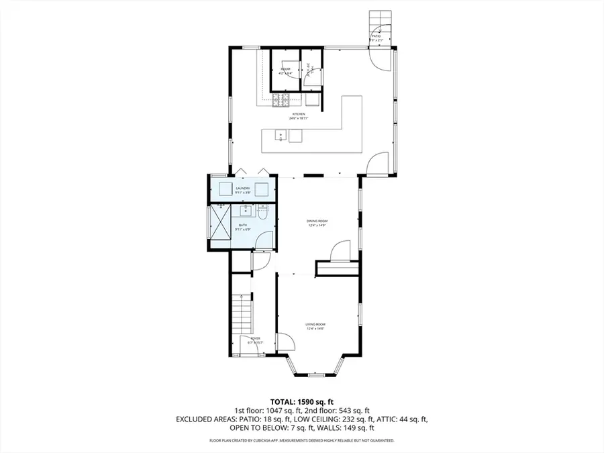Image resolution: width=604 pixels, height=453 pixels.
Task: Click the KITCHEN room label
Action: pos(297,115)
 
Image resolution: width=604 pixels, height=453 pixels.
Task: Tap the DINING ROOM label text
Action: pos(316,222)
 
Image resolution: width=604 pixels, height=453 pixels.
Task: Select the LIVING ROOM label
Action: pos(316,326)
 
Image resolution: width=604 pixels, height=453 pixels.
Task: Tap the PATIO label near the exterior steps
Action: pos(376,38)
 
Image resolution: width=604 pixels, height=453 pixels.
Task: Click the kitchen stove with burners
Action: pos(281,101)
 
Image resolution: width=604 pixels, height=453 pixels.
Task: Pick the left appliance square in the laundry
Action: pos(223,189)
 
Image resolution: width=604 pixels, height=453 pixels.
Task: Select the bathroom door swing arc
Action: pos(265,240)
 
